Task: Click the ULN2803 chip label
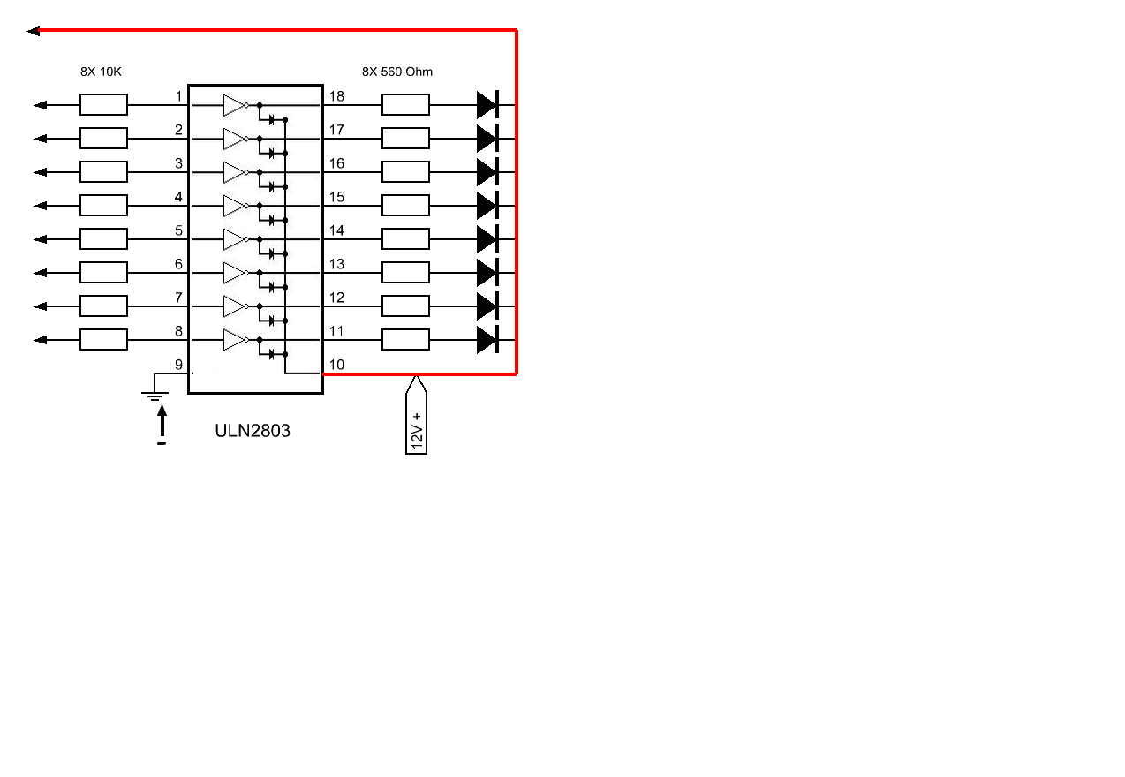coord(253,432)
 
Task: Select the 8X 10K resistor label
coord(101,72)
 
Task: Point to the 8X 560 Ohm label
coord(397,72)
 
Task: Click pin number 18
coord(336,96)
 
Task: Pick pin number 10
coord(336,365)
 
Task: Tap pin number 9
coord(178,365)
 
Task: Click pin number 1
coord(178,96)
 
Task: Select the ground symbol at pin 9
coord(155,391)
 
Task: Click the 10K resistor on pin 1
coord(103,105)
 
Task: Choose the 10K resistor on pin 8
coord(103,340)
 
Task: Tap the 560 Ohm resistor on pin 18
coord(405,105)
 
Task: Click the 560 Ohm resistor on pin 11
coord(405,340)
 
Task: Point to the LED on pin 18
coord(487,105)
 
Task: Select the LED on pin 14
coord(487,239)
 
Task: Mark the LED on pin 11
coord(487,340)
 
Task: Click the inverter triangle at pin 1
coord(234,105)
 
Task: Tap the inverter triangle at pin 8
coord(234,340)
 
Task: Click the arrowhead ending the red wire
coord(34,31)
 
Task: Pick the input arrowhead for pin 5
coord(40,239)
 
